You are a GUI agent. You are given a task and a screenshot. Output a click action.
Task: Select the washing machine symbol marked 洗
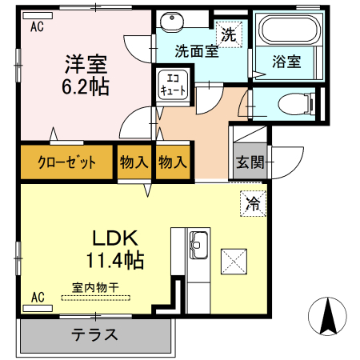click(229, 34)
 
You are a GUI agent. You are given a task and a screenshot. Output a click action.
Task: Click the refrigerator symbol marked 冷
click(253, 203)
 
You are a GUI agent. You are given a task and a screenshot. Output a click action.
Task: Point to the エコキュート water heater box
click(174, 85)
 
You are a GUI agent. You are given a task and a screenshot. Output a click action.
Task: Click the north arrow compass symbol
click(327, 315)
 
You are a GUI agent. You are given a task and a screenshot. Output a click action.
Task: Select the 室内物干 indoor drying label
click(94, 286)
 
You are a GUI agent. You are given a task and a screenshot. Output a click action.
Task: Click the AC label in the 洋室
click(37, 27)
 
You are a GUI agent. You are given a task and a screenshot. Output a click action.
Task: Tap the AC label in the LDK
click(37, 298)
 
